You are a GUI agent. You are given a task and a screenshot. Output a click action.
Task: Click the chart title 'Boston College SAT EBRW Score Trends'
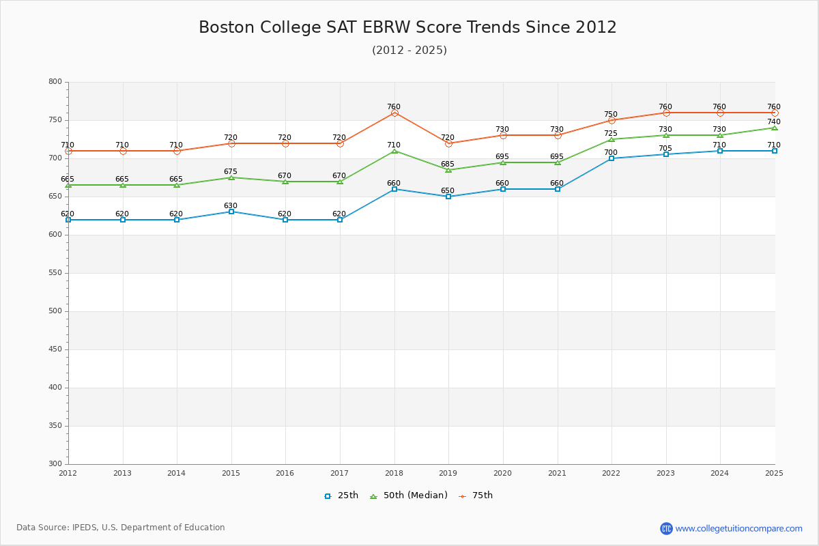407,27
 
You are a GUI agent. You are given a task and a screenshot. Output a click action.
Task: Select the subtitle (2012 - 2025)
409,51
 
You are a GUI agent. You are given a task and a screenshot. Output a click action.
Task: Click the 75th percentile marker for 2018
394,113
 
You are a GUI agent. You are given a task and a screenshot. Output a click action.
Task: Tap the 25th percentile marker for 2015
231,212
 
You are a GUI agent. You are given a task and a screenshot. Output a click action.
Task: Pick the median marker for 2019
448,170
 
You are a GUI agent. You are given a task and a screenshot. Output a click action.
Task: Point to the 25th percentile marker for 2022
612,158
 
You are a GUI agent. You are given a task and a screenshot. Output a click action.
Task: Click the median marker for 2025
774,128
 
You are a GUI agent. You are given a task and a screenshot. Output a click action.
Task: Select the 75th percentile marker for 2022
612,120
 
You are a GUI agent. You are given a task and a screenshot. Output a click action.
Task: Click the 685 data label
448,164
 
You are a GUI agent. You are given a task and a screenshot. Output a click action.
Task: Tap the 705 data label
665,149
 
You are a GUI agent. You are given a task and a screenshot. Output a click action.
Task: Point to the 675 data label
231,172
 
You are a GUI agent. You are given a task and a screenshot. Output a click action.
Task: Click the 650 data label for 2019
448,191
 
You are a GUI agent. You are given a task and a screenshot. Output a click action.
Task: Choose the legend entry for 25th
341,495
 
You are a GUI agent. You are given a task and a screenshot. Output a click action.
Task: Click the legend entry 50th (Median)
408,495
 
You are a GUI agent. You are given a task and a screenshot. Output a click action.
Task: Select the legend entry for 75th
476,495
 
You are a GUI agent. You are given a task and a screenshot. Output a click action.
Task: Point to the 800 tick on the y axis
55,82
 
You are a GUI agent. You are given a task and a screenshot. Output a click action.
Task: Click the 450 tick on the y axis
55,349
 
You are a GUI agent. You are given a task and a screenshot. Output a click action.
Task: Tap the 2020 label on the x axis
502,473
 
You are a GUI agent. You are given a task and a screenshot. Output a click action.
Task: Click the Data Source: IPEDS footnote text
121,528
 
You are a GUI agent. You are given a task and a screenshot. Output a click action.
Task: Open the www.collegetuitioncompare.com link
738,528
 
